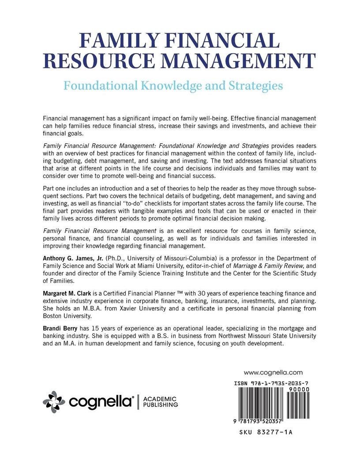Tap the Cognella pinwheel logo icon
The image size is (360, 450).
[x=54, y=402]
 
